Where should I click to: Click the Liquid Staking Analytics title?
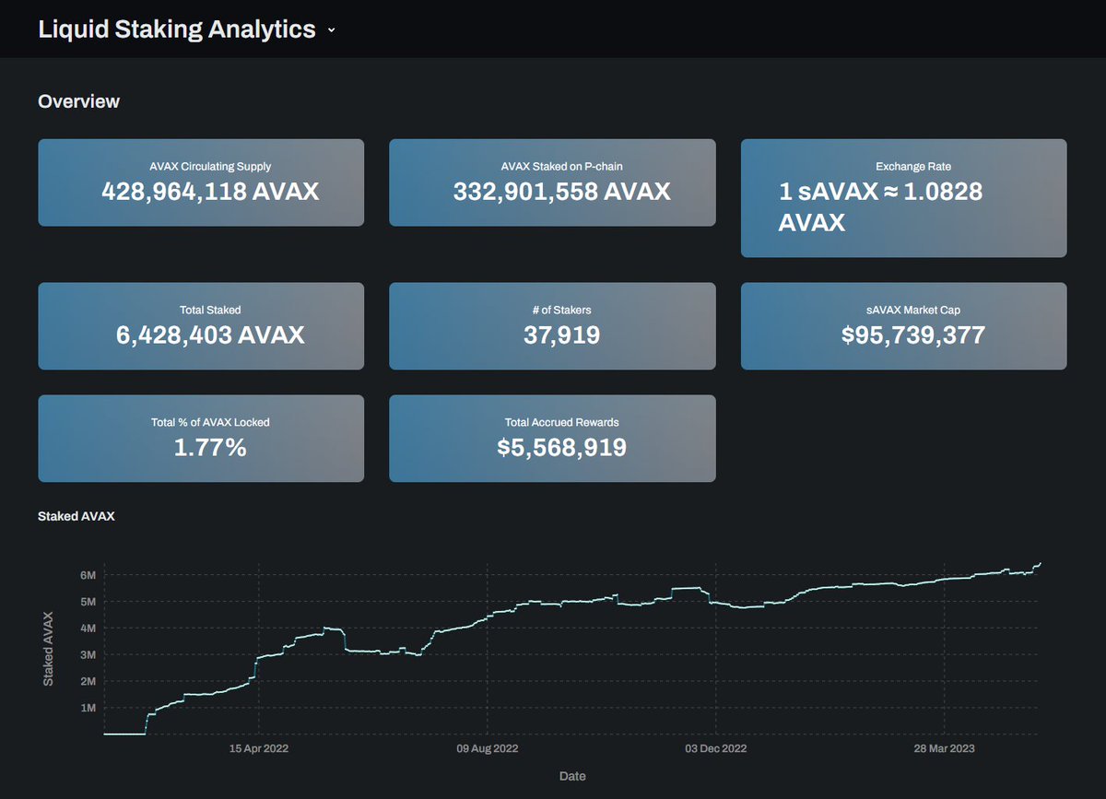(176, 29)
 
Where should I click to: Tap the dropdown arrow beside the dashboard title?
(332, 30)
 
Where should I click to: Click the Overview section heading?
(78, 101)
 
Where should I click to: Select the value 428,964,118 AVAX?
(210, 192)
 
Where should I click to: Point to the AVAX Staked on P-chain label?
(561, 167)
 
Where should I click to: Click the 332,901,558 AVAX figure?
(561, 192)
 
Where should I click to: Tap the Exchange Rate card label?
(912, 167)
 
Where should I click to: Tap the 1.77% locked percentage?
(210, 448)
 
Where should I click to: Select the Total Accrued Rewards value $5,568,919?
(561, 448)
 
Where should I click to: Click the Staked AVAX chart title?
(76, 517)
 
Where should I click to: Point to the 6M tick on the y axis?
(88, 575)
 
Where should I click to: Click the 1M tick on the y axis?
(88, 708)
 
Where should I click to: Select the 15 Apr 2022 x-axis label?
(259, 749)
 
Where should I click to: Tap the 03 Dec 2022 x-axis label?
(714, 749)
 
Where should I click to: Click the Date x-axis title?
(572, 776)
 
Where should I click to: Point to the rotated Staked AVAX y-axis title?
(49, 648)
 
